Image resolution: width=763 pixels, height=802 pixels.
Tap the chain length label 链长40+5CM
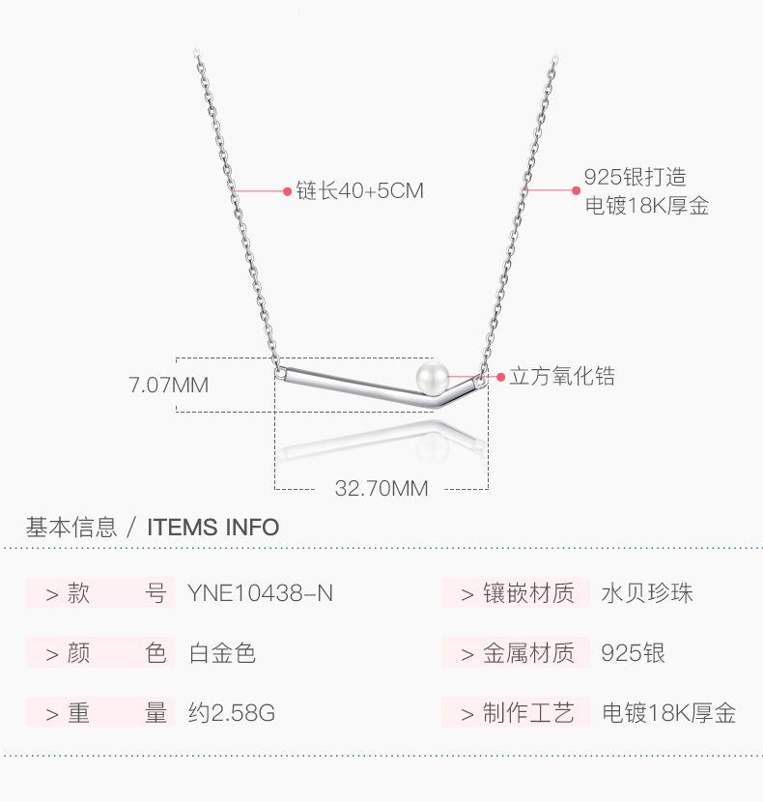tap(360, 191)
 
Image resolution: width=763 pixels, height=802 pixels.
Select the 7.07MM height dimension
tap(169, 385)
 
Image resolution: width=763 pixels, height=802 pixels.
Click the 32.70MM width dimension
tap(381, 489)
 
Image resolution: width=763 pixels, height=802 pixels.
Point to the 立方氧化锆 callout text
tap(562, 377)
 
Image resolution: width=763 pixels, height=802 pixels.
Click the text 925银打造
tap(635, 178)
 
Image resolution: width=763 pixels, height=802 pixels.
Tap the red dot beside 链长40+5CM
tap(287, 191)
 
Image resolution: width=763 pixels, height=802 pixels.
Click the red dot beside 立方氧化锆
tap(500, 377)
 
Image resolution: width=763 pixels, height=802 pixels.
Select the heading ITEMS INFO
tap(212, 528)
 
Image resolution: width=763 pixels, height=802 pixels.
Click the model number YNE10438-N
tap(260, 593)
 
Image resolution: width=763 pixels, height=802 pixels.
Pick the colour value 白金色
tap(222, 654)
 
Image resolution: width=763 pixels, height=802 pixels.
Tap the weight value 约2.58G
tap(232, 714)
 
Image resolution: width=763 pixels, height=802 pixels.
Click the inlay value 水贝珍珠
tap(647, 593)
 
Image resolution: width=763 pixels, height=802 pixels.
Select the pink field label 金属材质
tap(528, 654)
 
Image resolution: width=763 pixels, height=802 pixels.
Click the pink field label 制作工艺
tap(528, 714)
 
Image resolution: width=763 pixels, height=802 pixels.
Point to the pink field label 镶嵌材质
tap(528, 593)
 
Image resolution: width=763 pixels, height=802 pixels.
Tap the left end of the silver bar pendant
tap(281, 370)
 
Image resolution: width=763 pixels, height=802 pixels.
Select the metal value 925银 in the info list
tap(633, 654)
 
